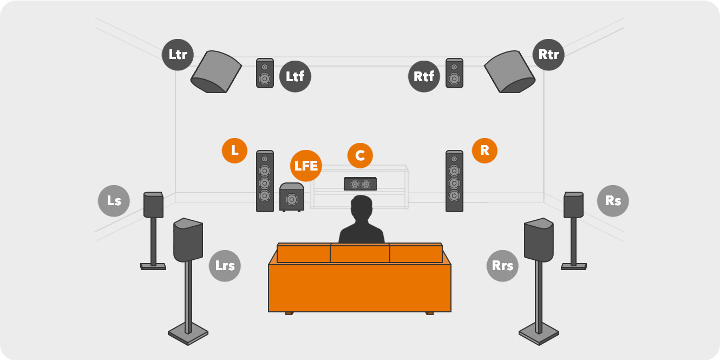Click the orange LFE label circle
point(306,166)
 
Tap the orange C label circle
point(360,155)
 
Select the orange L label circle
point(234,150)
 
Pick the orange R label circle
point(485,150)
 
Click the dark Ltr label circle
point(178,55)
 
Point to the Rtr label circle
point(548,55)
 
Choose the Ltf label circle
point(295,76)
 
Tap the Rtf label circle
point(424,76)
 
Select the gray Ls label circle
point(114,201)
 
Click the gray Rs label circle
point(613,201)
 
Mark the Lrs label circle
point(225,266)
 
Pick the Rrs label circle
point(502,266)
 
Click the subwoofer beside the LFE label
point(292,197)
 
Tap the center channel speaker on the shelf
point(360,184)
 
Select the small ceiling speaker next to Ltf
point(265,73)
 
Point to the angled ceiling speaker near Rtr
point(510,71)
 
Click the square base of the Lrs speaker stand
point(188,334)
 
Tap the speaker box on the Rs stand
point(573,205)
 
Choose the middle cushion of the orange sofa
point(360,253)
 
